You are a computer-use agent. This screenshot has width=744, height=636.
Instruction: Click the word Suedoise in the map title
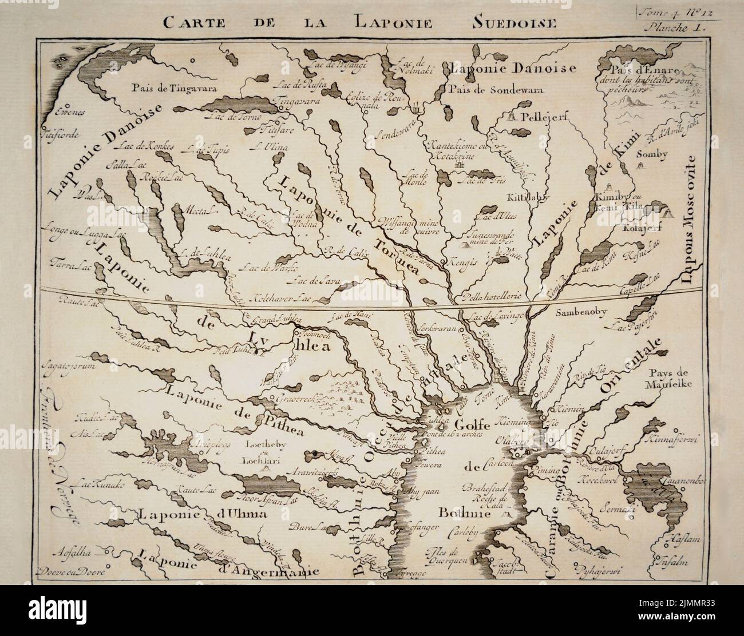pyautogui.click(x=515, y=23)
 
